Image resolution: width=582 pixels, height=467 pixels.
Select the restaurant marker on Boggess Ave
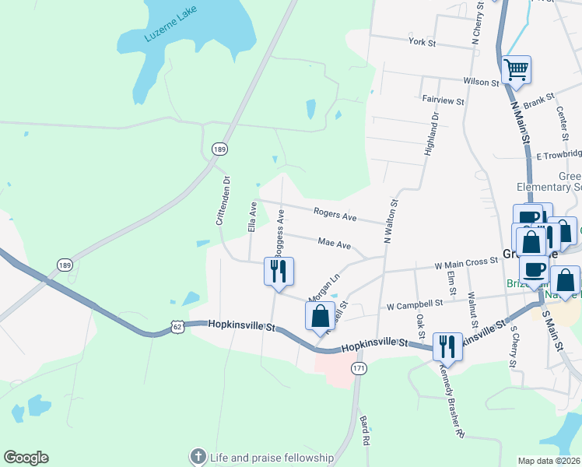[279, 272]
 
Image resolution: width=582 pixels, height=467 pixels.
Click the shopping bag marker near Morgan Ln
[320, 316]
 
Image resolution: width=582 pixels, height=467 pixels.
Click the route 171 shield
[358, 367]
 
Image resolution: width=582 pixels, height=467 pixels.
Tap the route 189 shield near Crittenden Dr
[219, 148]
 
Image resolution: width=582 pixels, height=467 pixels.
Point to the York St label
[422, 42]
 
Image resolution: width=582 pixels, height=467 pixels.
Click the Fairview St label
[443, 101]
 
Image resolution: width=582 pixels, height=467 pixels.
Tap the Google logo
[26, 458]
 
